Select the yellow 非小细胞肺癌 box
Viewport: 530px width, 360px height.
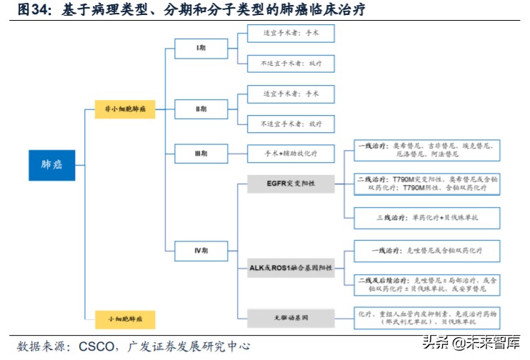point(125,109)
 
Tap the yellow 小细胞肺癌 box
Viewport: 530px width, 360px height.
point(125,315)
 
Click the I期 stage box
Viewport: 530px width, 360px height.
point(201,49)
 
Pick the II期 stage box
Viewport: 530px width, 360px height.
point(201,109)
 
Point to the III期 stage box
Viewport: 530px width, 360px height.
point(201,153)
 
